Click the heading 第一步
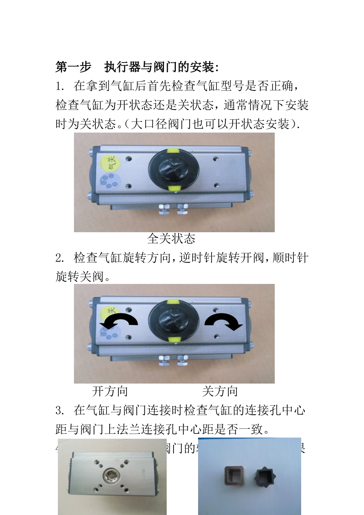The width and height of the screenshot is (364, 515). tap(74, 67)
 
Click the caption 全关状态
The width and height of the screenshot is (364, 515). tap(171, 239)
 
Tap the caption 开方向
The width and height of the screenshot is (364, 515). tap(110, 391)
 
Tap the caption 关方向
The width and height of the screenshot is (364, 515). tap(220, 391)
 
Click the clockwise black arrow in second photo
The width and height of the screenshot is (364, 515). tap(224, 321)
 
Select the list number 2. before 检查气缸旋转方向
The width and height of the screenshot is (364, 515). tap(60, 258)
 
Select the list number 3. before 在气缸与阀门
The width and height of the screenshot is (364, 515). tap(60, 410)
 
